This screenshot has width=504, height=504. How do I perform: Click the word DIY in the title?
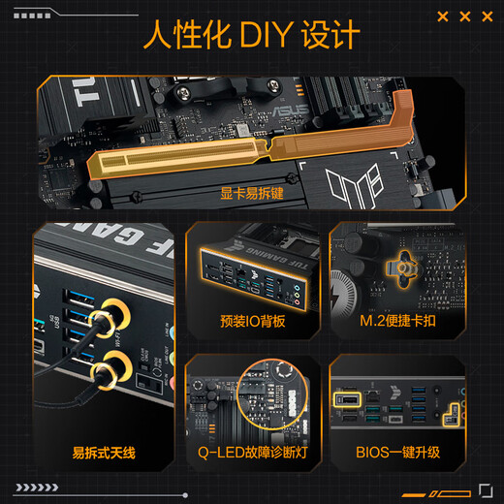258,36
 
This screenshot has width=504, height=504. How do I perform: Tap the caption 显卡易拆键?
252,193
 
